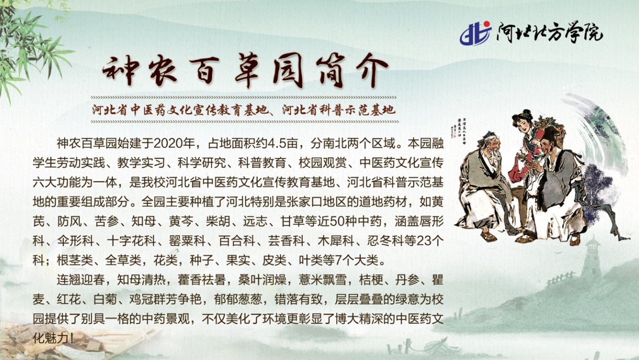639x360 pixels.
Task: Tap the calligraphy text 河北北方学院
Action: pos(549,33)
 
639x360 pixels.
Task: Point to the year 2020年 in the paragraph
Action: pos(173,142)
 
